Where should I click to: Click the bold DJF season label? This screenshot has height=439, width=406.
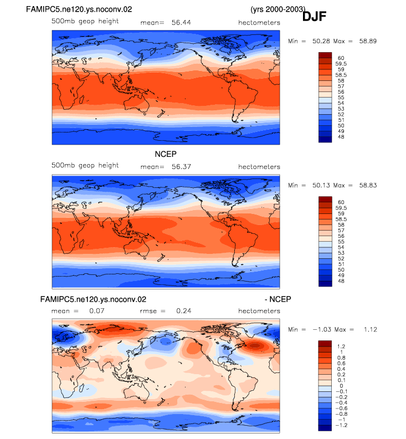pos(314,17)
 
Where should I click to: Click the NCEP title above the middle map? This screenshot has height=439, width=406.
pos(166,154)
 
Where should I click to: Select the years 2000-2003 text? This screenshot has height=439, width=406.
pos(278,9)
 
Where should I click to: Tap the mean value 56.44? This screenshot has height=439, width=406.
pos(181,23)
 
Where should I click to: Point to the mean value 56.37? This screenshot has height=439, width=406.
pos(181,167)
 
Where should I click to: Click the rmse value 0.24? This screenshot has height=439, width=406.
pos(184,311)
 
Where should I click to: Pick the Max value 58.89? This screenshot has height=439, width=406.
pos(368,41)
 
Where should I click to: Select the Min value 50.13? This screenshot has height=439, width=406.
pos(321,185)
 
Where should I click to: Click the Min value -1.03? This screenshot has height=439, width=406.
pos(322,330)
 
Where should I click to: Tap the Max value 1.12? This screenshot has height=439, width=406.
pos(371,330)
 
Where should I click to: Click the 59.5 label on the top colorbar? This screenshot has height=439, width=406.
pos(341,64)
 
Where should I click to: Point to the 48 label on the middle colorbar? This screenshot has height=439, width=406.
pos(341,281)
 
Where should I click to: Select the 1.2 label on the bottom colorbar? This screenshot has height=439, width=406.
pos(341,346)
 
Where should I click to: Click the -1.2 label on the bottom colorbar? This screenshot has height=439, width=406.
pos(341,425)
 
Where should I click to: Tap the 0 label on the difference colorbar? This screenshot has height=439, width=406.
pos(341,386)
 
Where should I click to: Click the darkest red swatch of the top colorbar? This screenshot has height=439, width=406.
pos(325,55)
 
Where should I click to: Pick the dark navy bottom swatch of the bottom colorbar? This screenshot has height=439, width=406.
pos(325,428)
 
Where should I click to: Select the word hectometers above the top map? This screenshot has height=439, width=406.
pos(259,23)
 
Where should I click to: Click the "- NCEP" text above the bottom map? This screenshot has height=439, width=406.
pos(278,299)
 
